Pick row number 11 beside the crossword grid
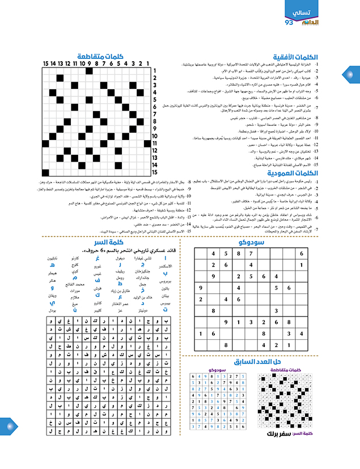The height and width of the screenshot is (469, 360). click(x=154, y=143)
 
